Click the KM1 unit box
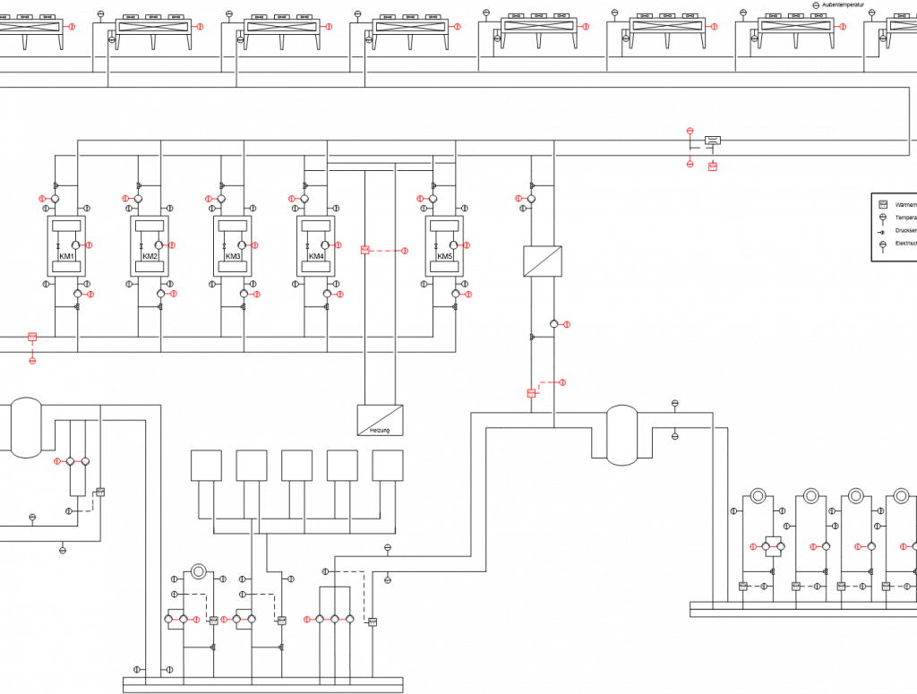click(x=66, y=245)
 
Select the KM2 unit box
click(x=150, y=245)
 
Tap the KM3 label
click(x=233, y=257)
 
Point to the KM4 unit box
click(x=316, y=245)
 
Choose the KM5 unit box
click(x=444, y=245)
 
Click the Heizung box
click(x=380, y=420)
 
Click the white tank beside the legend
click(x=621, y=435)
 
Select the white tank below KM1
click(x=26, y=427)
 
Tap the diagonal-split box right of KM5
click(x=542, y=261)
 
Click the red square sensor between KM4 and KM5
click(x=364, y=250)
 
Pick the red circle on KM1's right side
click(x=90, y=244)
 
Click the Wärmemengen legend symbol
click(x=882, y=204)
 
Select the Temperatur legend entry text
click(x=905, y=218)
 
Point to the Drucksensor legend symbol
click(x=881, y=231)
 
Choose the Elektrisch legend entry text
click(x=905, y=244)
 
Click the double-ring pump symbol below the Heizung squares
click(x=199, y=571)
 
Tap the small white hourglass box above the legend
click(x=713, y=141)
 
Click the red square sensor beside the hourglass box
click(x=713, y=167)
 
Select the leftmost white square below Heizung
click(x=206, y=466)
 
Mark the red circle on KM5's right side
click(x=467, y=244)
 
